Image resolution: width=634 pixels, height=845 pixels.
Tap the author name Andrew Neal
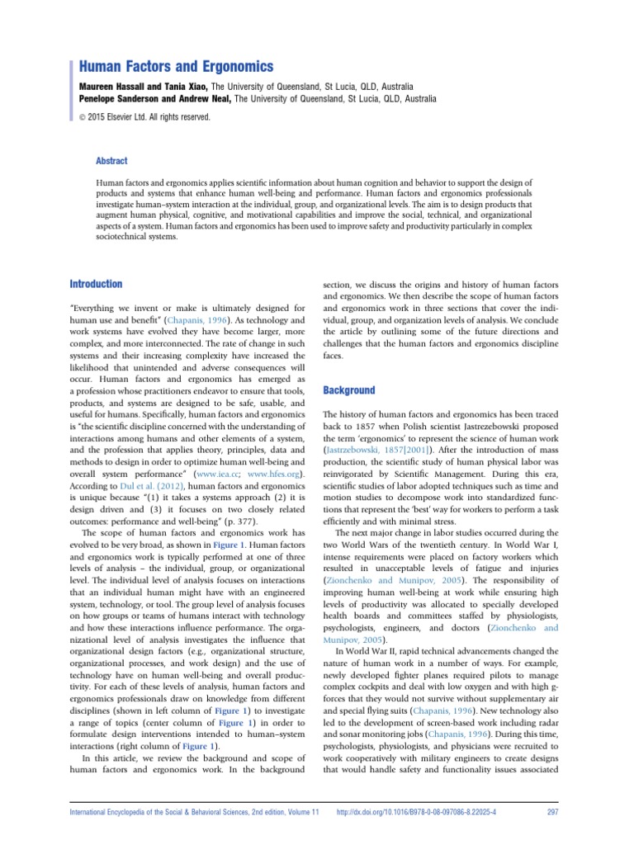point(205,99)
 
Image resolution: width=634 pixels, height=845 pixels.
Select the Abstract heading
point(111,162)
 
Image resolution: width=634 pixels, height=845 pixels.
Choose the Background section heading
point(348,390)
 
